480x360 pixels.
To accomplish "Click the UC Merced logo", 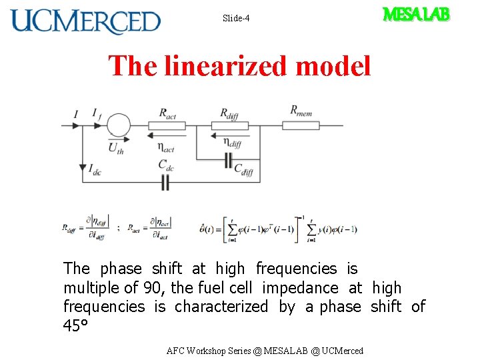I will (85, 21).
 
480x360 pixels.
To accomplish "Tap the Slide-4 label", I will (236, 18).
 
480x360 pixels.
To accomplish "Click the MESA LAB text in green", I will (416, 14).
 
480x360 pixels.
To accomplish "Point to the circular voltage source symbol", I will (119, 125).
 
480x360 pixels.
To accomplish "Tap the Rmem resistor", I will (301, 125).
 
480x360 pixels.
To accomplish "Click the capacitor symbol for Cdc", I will (166, 182).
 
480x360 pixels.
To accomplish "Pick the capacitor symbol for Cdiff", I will (229, 160).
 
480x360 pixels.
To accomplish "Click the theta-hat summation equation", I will (279, 229).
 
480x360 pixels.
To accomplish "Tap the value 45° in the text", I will (75, 326).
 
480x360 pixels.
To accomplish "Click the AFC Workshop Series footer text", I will (265, 351).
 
